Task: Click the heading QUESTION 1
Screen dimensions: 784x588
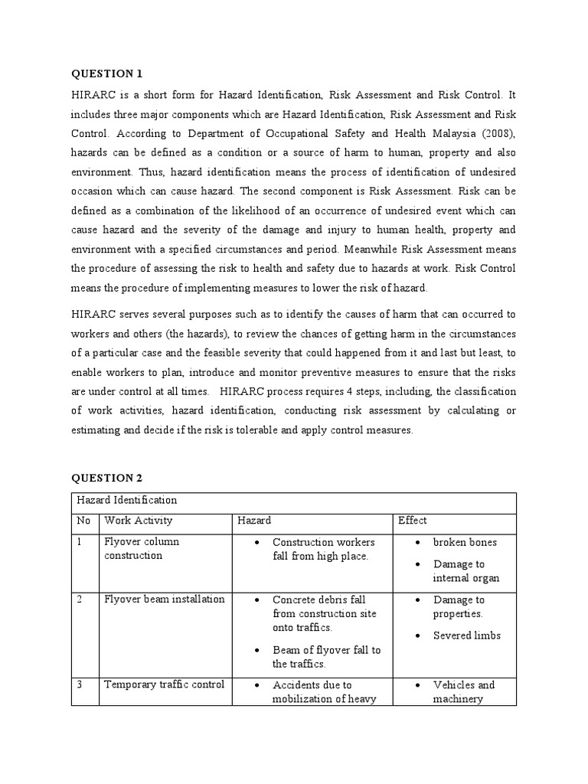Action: [x=107, y=73]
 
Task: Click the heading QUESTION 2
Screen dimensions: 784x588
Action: [x=107, y=478]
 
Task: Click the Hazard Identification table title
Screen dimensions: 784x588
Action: [x=126, y=500]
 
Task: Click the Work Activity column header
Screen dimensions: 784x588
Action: [x=133, y=521]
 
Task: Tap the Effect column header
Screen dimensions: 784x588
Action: [x=413, y=521]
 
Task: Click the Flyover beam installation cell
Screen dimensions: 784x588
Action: [x=164, y=599]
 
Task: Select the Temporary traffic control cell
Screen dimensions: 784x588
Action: [x=164, y=684]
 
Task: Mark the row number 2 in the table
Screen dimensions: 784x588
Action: [x=80, y=599]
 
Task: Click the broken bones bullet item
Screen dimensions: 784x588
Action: [x=465, y=542]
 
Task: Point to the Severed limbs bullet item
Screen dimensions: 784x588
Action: [x=466, y=635]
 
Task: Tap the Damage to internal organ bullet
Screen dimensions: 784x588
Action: [x=465, y=571]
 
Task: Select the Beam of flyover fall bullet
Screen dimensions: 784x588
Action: [x=326, y=657]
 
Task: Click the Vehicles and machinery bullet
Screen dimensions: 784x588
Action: [x=464, y=691]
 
